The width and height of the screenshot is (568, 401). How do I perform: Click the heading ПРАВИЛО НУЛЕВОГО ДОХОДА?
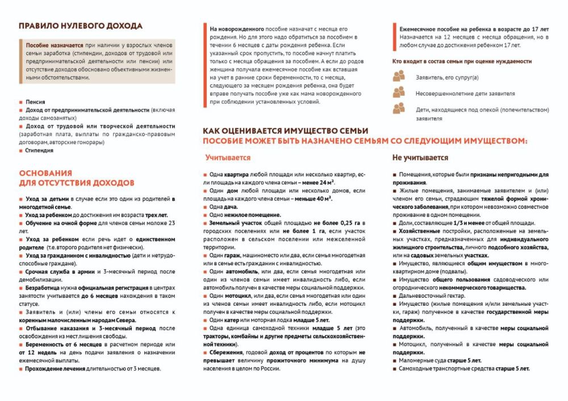tap(80, 26)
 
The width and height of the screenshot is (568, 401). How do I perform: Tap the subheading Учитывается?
tap(228, 158)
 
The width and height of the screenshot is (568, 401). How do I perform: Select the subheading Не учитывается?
tap(420, 158)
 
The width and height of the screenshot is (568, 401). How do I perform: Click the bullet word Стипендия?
tap(40, 151)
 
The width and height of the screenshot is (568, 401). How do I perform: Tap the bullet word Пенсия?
tap(35, 102)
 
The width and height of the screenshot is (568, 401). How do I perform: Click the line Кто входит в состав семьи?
tap(462, 61)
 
